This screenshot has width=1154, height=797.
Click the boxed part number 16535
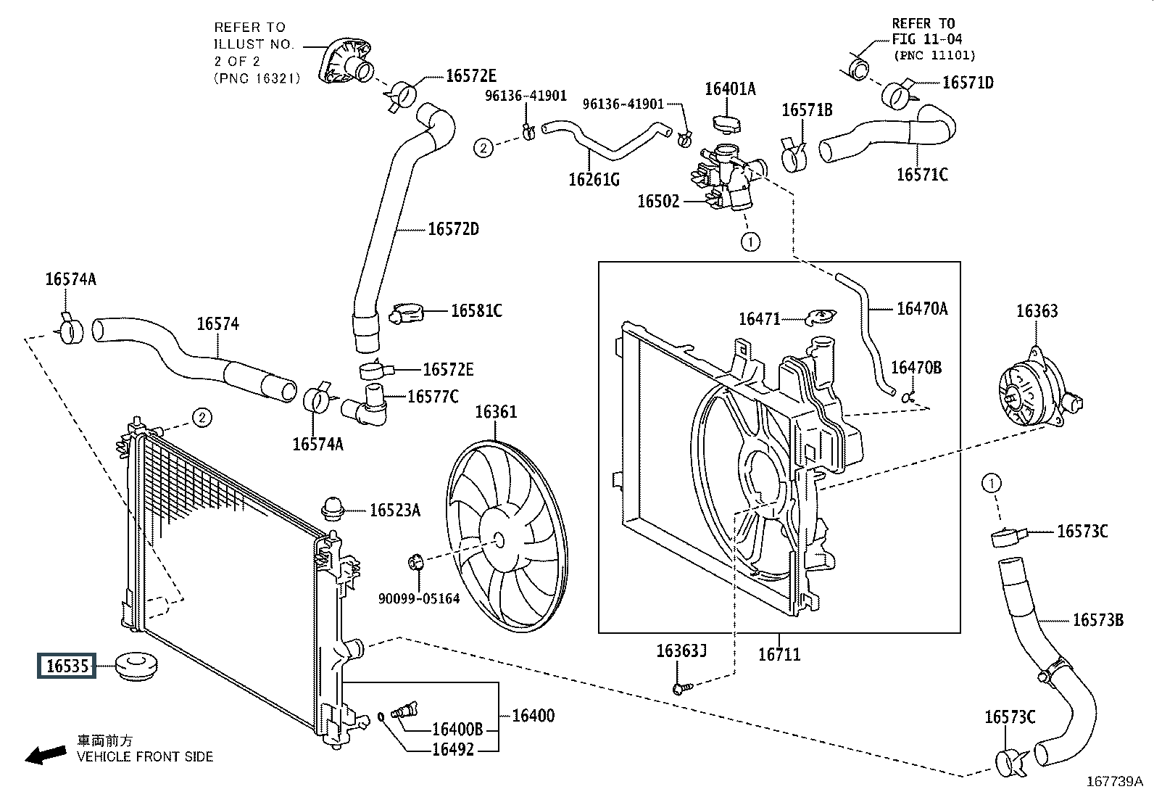67,666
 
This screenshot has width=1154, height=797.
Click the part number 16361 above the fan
496,412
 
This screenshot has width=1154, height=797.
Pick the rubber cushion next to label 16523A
332,509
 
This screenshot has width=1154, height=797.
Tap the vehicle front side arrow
46,755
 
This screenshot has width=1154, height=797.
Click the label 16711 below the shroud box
779,654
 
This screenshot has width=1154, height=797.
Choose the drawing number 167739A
1114,781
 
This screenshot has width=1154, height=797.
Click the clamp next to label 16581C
406,313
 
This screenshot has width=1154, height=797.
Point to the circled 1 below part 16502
750,241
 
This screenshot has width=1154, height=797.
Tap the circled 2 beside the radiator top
202,417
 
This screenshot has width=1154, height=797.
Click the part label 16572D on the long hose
453,229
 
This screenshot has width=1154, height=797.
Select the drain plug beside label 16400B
404,710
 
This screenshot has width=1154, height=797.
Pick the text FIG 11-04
927,39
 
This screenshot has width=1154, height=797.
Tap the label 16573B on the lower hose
1098,619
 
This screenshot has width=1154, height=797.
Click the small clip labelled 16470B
908,397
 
